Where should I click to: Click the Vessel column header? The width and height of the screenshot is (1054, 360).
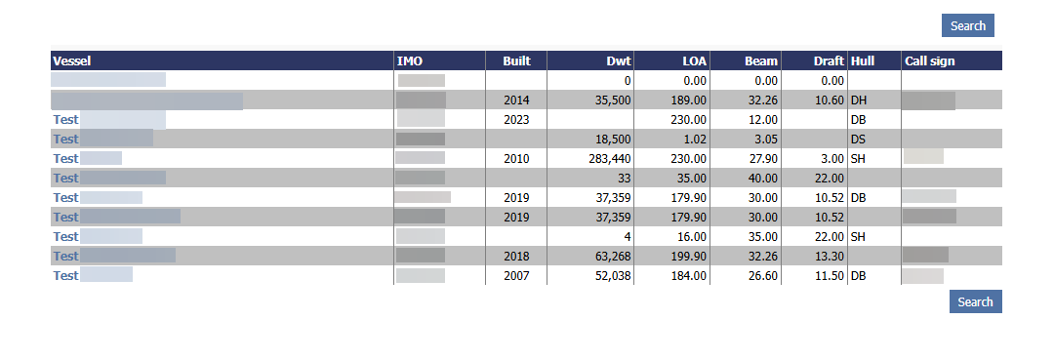click(71, 60)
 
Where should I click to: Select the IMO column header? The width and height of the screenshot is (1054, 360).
click(410, 60)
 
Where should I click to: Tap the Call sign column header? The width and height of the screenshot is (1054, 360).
click(929, 60)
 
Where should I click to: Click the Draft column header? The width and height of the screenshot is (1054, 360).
click(829, 60)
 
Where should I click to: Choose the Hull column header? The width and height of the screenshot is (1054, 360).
click(863, 60)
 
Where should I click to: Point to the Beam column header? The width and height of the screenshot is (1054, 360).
click(761, 60)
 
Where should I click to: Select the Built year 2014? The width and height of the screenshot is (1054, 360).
click(516, 100)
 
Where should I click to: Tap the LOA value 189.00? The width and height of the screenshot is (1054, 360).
click(689, 100)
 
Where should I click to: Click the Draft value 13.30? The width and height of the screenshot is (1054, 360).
click(829, 256)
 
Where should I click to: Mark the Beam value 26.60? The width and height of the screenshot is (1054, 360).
click(762, 275)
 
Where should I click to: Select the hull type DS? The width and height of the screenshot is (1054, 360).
click(859, 139)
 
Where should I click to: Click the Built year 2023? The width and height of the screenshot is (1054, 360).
click(516, 119)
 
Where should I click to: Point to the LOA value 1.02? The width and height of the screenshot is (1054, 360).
click(695, 139)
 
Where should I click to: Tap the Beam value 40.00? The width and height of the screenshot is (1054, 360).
click(762, 178)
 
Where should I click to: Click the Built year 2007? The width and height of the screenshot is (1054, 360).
click(516, 275)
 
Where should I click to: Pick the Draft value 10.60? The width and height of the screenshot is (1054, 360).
click(829, 100)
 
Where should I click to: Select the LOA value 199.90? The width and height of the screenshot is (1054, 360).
click(689, 256)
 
